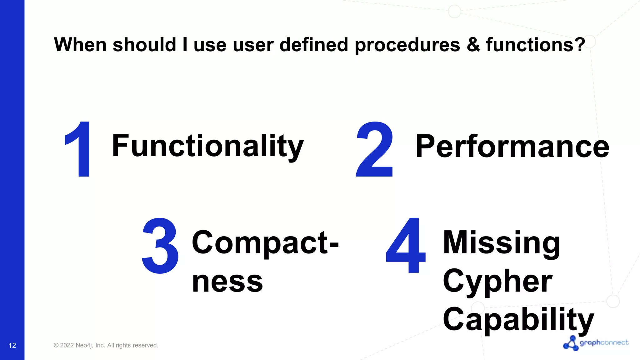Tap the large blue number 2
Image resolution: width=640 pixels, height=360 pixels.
[x=375, y=149]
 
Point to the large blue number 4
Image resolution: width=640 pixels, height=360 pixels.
[x=406, y=246]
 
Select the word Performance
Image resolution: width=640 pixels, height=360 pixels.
[x=512, y=146]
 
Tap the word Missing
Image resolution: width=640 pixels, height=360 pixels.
[x=502, y=242]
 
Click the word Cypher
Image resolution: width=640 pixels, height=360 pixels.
[x=497, y=281]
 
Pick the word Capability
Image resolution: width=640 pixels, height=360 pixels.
[x=518, y=319]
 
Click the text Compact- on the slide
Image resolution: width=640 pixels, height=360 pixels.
[x=265, y=242]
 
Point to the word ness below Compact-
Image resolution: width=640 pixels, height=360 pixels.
[x=227, y=282]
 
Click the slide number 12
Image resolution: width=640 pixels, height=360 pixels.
[x=12, y=345]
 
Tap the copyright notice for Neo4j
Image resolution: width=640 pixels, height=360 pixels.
[x=106, y=345]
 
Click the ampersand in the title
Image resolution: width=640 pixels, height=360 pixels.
[x=473, y=45]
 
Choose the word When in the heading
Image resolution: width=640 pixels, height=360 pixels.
[x=80, y=45]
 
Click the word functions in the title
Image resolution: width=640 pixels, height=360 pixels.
[x=529, y=45]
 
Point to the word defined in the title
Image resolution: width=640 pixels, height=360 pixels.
[x=314, y=45]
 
